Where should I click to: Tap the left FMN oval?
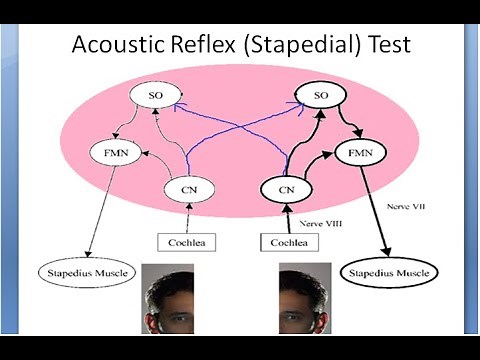111,155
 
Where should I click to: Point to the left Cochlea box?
187,242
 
